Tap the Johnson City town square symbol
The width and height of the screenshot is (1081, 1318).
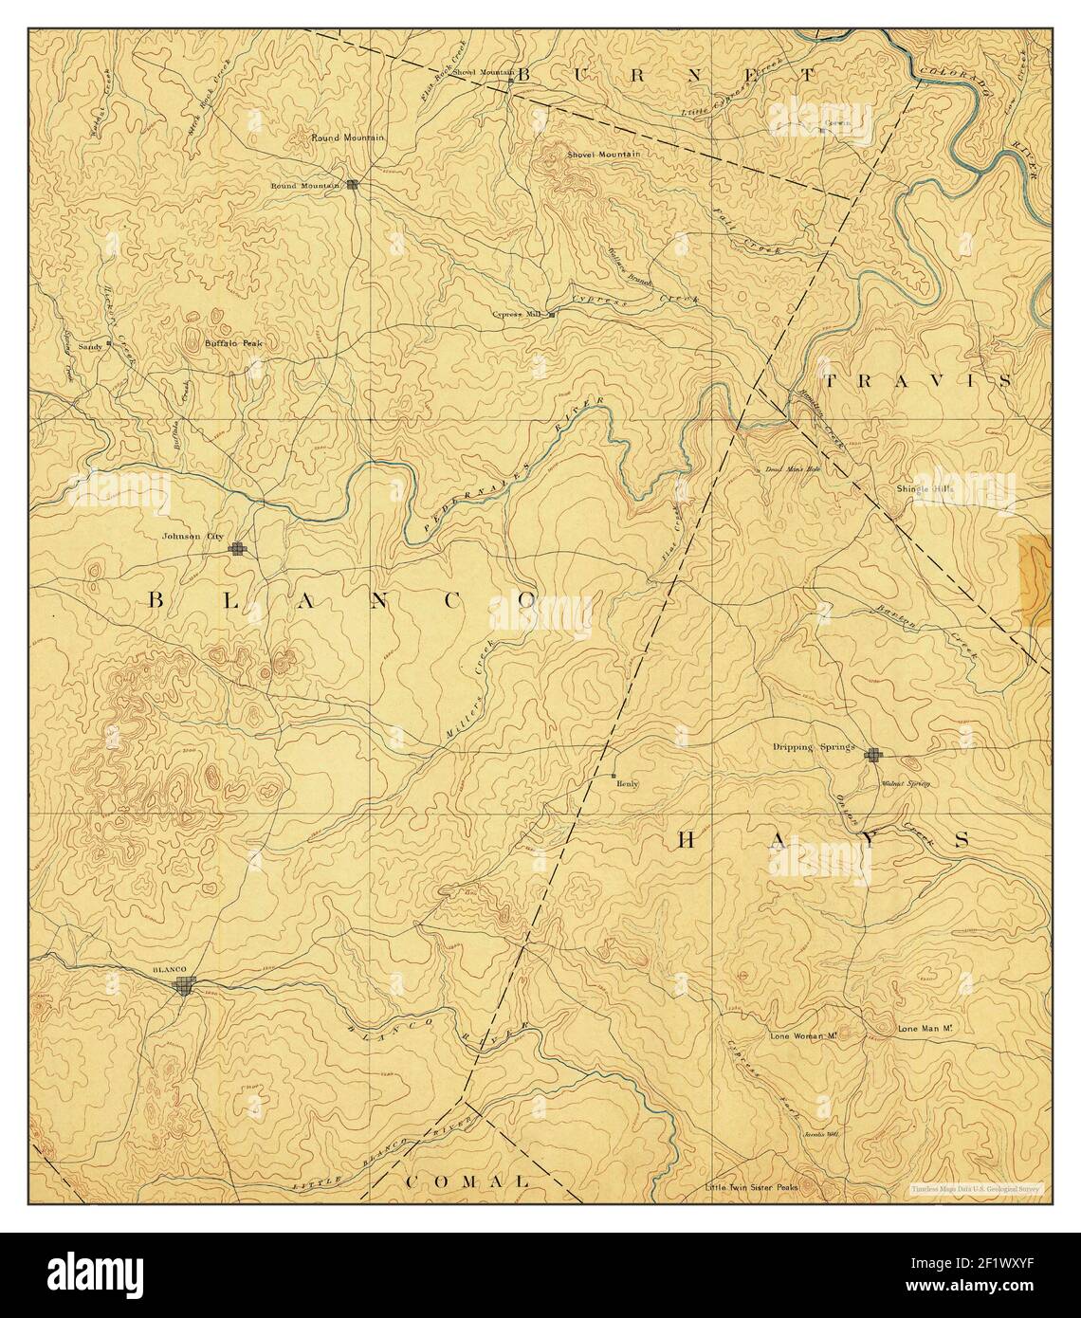[238, 548]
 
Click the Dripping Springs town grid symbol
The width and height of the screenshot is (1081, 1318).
[873, 755]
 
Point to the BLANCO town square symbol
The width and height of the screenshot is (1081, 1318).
[186, 987]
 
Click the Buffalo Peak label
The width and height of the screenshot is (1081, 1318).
[232, 343]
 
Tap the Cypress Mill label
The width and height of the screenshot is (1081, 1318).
[519, 314]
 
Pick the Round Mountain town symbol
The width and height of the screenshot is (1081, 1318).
[353, 185]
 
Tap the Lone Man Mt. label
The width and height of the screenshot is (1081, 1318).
[924, 1028]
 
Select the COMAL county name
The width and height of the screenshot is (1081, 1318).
[467, 1181]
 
